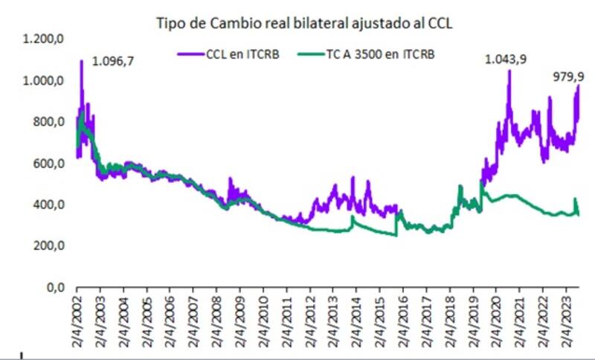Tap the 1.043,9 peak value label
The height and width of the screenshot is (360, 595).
506,60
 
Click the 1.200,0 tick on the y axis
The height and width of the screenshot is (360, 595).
42,39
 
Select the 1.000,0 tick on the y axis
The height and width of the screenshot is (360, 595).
42,80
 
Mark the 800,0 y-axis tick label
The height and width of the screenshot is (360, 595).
45,122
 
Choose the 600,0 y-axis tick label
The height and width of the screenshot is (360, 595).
45,164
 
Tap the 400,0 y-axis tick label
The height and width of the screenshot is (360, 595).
45,205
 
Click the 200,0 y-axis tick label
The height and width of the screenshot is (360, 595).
45,245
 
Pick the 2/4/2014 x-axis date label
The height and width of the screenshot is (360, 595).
356,321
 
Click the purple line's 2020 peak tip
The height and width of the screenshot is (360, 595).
509,71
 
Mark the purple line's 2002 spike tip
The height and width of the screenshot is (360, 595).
81,60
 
